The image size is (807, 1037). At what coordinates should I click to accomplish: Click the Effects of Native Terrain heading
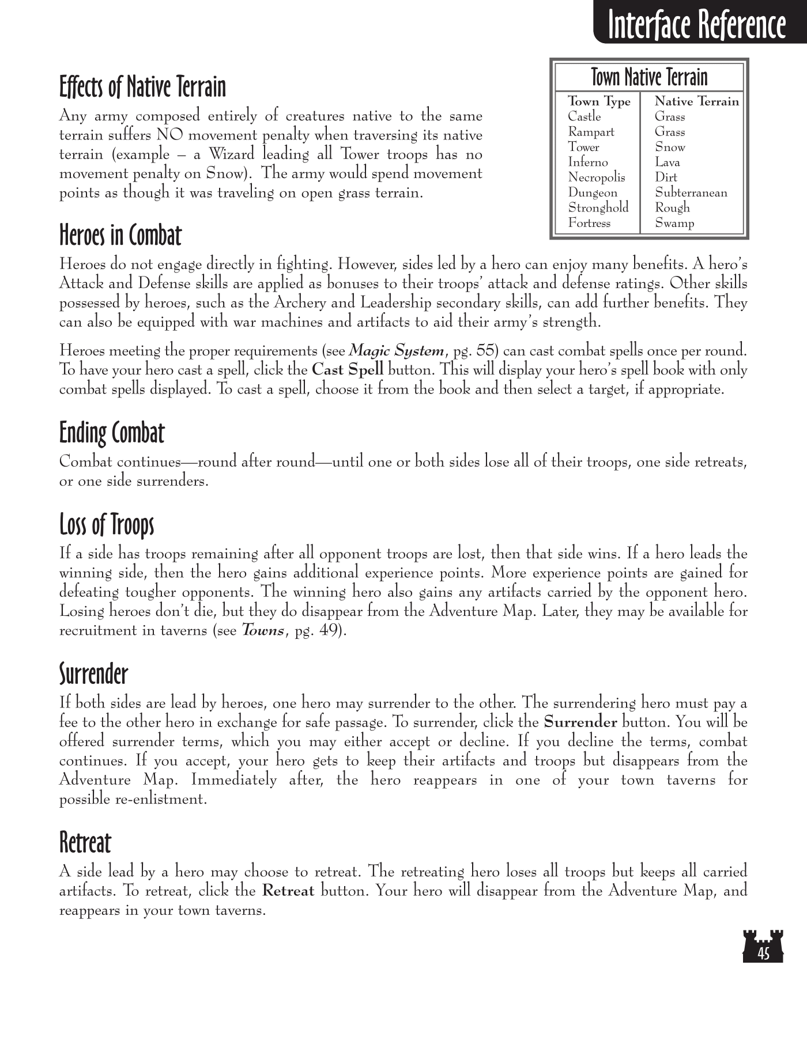tap(142, 87)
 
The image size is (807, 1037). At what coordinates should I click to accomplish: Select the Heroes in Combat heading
tap(120, 235)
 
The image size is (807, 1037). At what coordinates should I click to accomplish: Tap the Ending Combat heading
tap(112, 433)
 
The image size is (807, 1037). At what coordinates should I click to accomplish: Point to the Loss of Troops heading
tap(107, 524)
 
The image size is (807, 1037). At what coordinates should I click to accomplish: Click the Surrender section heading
tap(93, 673)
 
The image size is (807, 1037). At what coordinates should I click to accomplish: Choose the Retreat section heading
tap(85, 842)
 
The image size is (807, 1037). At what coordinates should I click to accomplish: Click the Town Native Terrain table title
tap(649, 77)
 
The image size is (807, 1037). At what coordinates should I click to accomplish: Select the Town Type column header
tap(599, 101)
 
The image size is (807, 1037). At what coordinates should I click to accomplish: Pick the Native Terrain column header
tap(696, 101)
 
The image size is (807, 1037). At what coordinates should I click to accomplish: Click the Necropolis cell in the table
tap(596, 177)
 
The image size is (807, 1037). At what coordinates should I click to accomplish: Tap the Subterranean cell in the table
tap(691, 192)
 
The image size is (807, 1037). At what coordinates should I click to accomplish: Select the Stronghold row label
tap(598, 207)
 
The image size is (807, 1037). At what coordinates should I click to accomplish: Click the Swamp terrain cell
tap(674, 223)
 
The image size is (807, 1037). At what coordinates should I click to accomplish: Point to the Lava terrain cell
tap(667, 162)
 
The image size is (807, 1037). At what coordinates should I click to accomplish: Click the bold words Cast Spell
tap(347, 370)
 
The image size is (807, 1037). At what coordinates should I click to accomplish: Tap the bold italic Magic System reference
tap(397, 350)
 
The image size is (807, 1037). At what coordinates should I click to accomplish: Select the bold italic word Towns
tap(262, 630)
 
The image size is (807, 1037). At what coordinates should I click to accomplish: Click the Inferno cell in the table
tap(587, 162)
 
